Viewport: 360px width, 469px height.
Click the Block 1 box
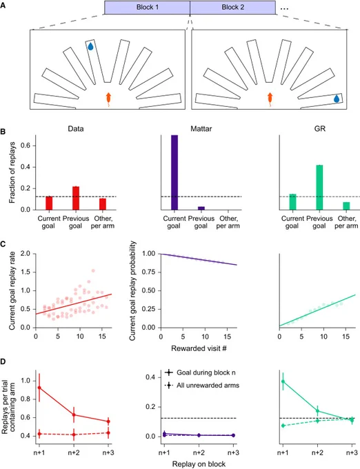pyautogui.click(x=147, y=8)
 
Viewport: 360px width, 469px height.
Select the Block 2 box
pyautogui.click(x=232, y=8)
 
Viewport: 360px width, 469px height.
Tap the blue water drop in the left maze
pyautogui.click(x=90, y=46)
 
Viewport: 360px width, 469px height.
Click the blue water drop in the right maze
pyautogui.click(x=337, y=99)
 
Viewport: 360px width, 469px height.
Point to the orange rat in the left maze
pyautogui.click(x=108, y=99)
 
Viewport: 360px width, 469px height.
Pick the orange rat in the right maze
pyautogui.click(x=270, y=99)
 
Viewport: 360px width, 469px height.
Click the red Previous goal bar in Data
pyautogui.click(x=76, y=198)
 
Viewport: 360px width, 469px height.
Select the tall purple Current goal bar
pyautogui.click(x=174, y=172)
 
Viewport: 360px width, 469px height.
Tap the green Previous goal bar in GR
pyautogui.click(x=319, y=187)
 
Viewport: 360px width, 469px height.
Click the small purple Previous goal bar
pyautogui.click(x=201, y=208)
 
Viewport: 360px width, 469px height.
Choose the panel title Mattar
pyautogui.click(x=201, y=128)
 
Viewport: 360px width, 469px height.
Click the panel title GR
pyautogui.click(x=320, y=128)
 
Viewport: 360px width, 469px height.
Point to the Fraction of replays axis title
pyautogui.click(x=12, y=172)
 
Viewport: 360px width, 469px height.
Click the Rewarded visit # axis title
pyautogui.click(x=199, y=348)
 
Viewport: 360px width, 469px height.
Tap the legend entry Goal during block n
pyautogui.click(x=206, y=372)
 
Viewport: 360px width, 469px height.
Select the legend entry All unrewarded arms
pyautogui.click(x=208, y=386)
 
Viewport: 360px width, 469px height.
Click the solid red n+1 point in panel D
pyautogui.click(x=39, y=388)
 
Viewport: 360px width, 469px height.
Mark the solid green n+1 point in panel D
pyautogui.click(x=283, y=381)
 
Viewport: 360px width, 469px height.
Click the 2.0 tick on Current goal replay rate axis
pyautogui.click(x=26, y=254)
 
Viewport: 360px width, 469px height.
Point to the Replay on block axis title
pyautogui.click(x=199, y=464)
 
